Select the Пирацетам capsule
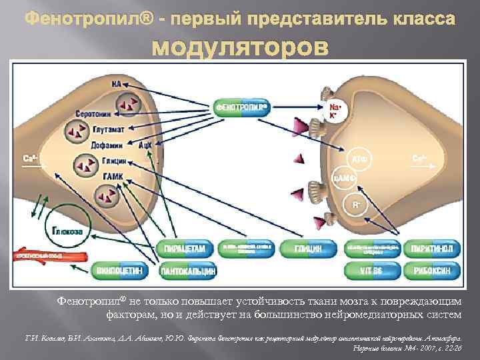pos(189,249)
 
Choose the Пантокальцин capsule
pos(189,271)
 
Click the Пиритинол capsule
pos(435,249)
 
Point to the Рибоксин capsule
pos(435,271)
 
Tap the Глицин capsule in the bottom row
pos(309,249)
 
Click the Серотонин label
pos(89,114)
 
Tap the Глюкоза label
pos(68,231)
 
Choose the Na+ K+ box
pos(337,111)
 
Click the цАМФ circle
pos(342,178)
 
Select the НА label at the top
pos(117,85)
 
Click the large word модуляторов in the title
pos(241,48)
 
